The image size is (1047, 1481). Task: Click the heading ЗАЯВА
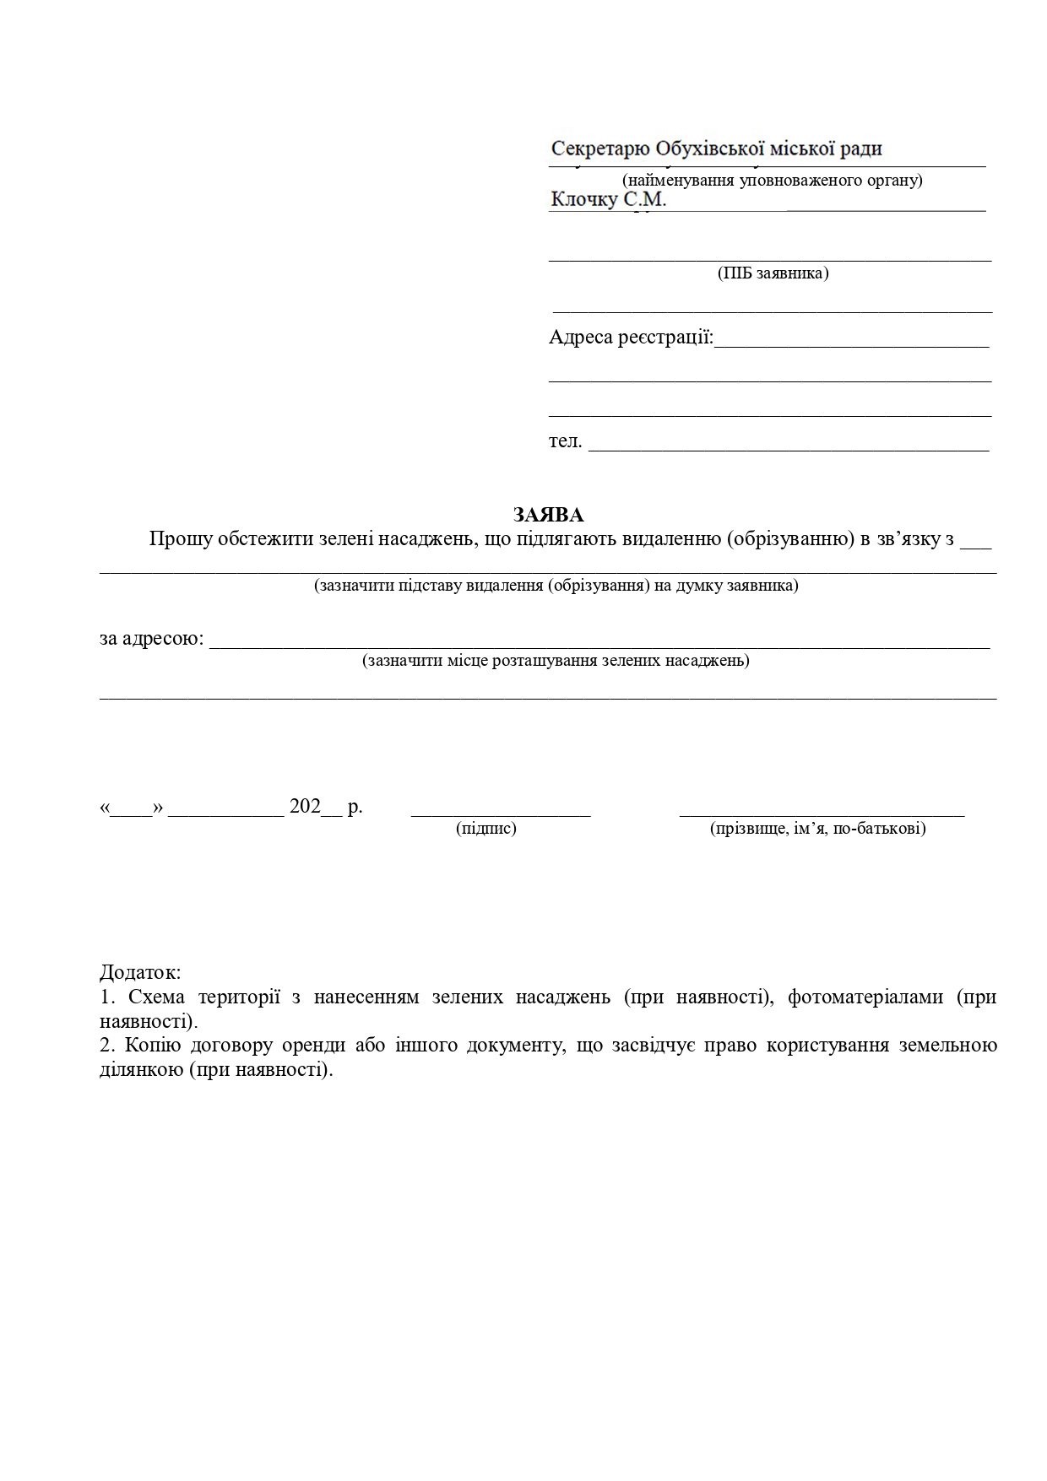[x=549, y=515]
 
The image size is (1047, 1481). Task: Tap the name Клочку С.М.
[x=609, y=200]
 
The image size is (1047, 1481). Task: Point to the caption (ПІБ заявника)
[x=773, y=273]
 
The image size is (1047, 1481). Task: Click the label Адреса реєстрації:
[x=631, y=338]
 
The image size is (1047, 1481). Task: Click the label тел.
[x=565, y=441]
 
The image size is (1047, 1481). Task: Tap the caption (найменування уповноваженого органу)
[x=772, y=180]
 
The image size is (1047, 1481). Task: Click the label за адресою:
[x=152, y=639]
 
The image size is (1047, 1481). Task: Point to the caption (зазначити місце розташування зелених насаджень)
[x=556, y=660]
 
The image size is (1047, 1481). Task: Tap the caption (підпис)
[x=486, y=829]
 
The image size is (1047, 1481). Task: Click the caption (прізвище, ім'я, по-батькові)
[x=818, y=829]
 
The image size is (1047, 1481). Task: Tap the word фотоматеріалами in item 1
[x=865, y=997]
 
